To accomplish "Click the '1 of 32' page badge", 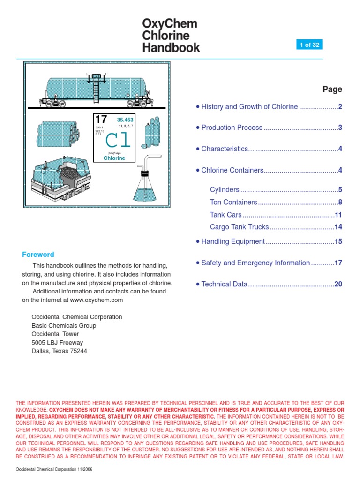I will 309,45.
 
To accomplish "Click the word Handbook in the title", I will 171,48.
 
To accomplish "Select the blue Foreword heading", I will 38,255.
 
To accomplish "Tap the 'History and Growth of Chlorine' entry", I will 249,107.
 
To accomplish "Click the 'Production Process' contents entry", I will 232,128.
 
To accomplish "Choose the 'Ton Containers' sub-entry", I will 233,202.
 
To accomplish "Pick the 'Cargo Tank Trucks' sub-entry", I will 239,227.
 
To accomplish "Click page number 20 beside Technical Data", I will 338,284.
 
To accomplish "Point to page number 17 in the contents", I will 338,263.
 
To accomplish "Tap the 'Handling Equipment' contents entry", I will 233,242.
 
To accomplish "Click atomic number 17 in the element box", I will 101,120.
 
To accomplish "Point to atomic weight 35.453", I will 125,120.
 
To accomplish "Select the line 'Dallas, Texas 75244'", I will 59,351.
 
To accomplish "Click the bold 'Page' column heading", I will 332,89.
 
